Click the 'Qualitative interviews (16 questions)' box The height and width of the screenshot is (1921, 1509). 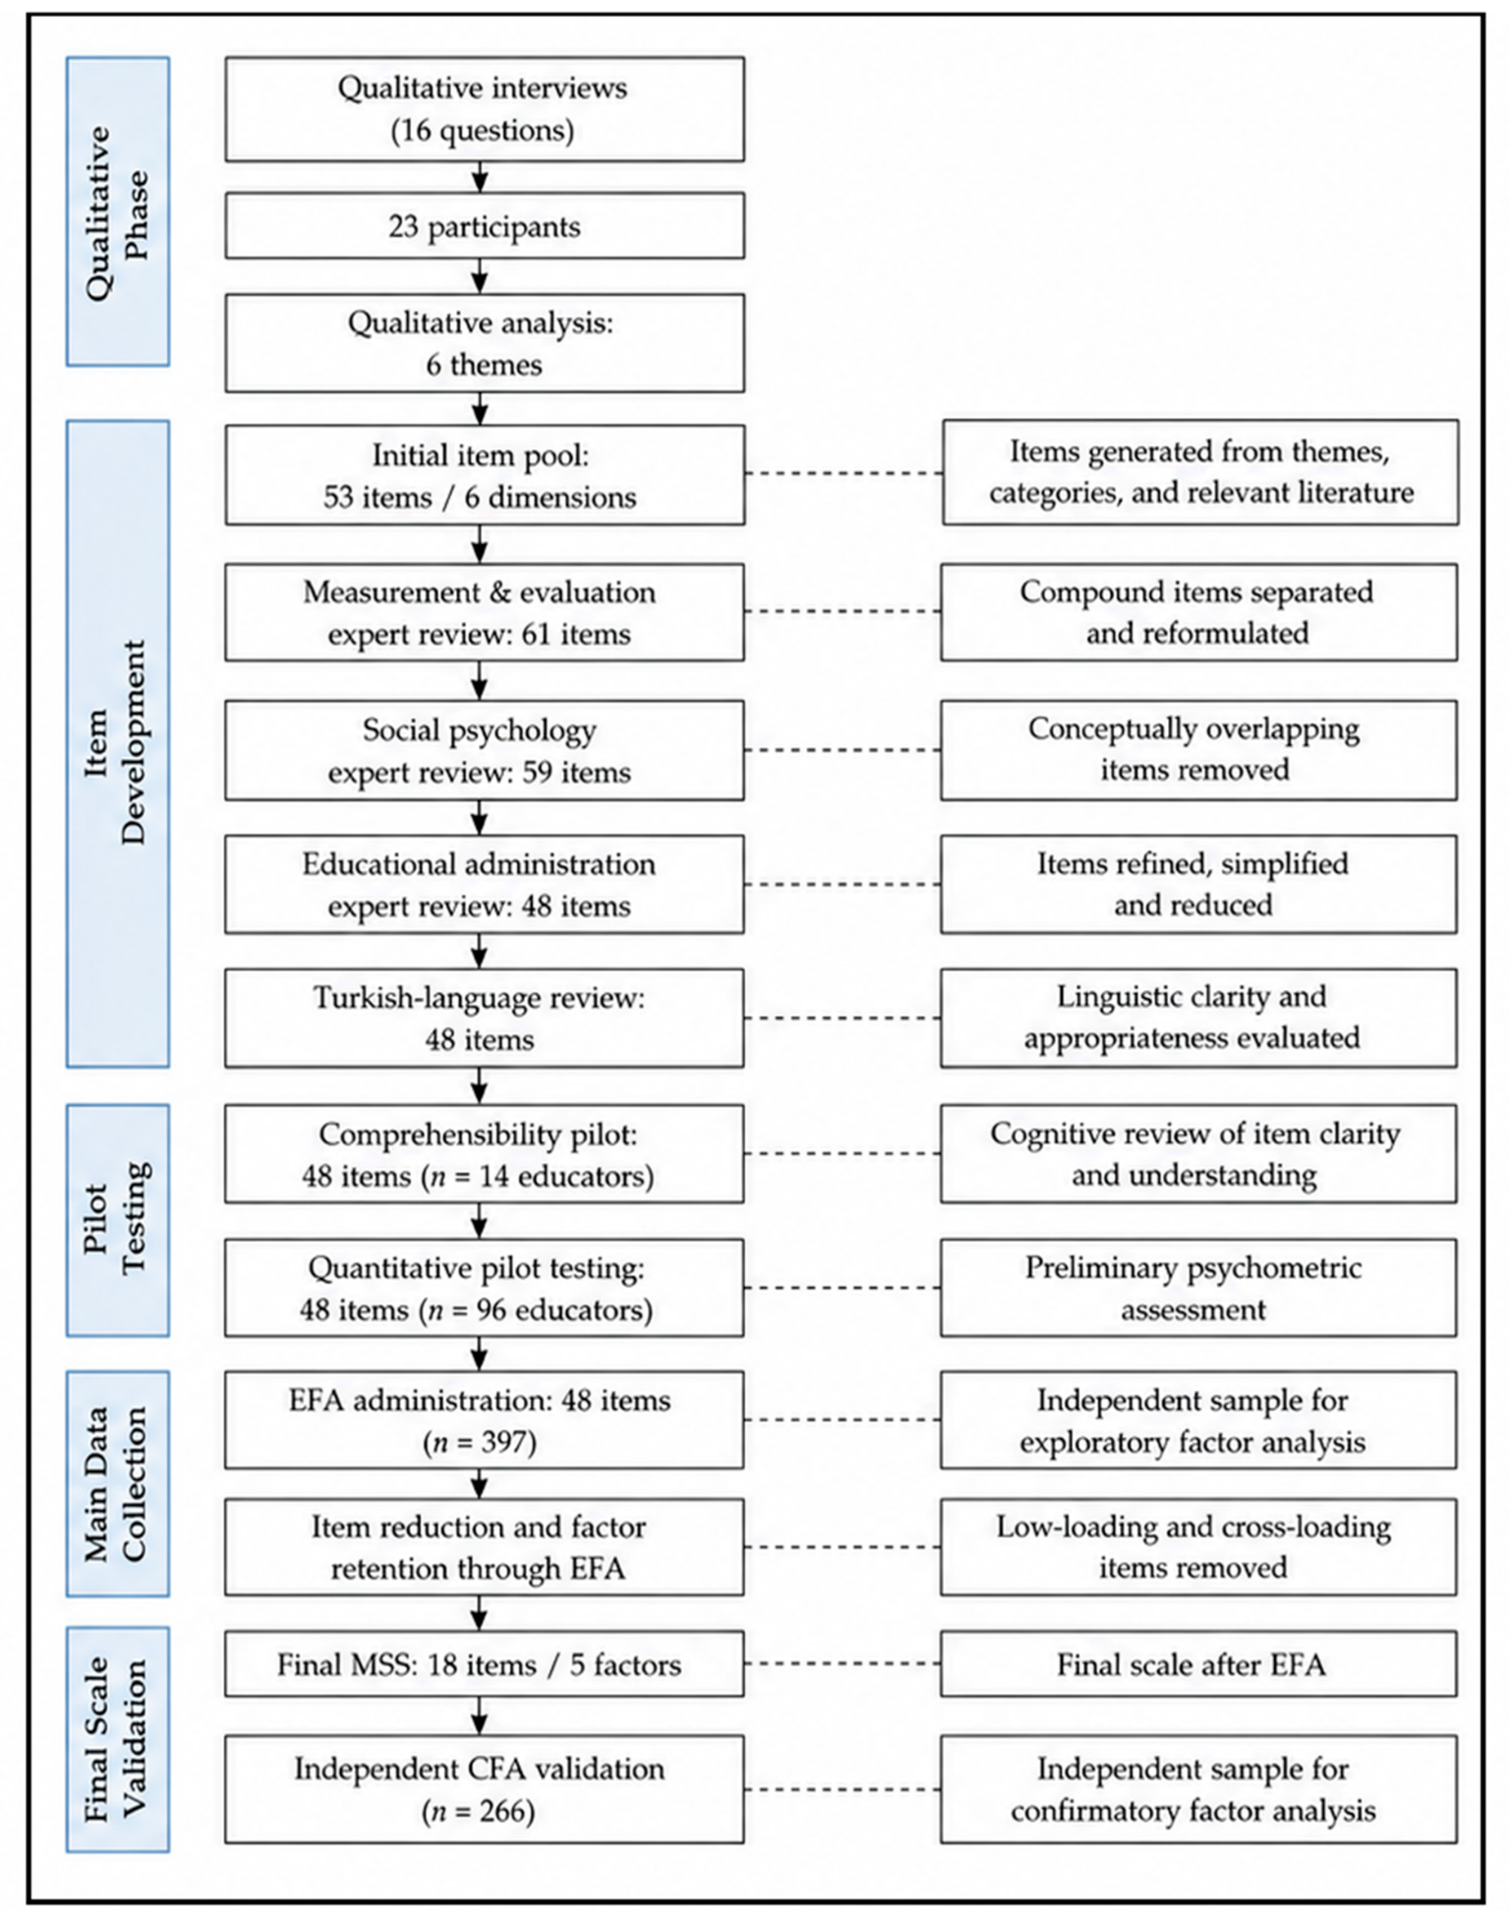tap(485, 109)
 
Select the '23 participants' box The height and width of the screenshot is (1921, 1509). tap(485, 226)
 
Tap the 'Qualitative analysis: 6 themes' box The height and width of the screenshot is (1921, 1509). tap(485, 343)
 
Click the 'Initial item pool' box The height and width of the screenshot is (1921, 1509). tap(485, 475)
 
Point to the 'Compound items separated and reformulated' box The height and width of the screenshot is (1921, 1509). tap(1198, 611)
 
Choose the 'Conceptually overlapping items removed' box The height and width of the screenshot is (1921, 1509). tap(1198, 749)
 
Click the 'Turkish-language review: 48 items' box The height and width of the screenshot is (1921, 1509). tap(485, 1019)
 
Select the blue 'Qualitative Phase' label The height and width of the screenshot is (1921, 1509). tap(118, 211)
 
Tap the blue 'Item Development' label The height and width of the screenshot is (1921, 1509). tap(118, 744)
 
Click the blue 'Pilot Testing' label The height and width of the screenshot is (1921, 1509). tap(118, 1220)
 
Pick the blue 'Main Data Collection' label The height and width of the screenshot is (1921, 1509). tap(118, 1484)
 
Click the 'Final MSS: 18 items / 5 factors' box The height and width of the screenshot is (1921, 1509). tap(485, 1664)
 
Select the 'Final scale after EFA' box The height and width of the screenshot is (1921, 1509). tap(1198, 1664)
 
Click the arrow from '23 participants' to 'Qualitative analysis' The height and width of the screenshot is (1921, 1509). tap(480, 276)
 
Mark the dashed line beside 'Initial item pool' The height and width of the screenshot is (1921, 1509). tap(843, 474)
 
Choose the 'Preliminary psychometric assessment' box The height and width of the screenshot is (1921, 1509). tap(1198, 1288)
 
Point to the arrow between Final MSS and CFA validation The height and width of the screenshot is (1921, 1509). tap(480, 1717)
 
